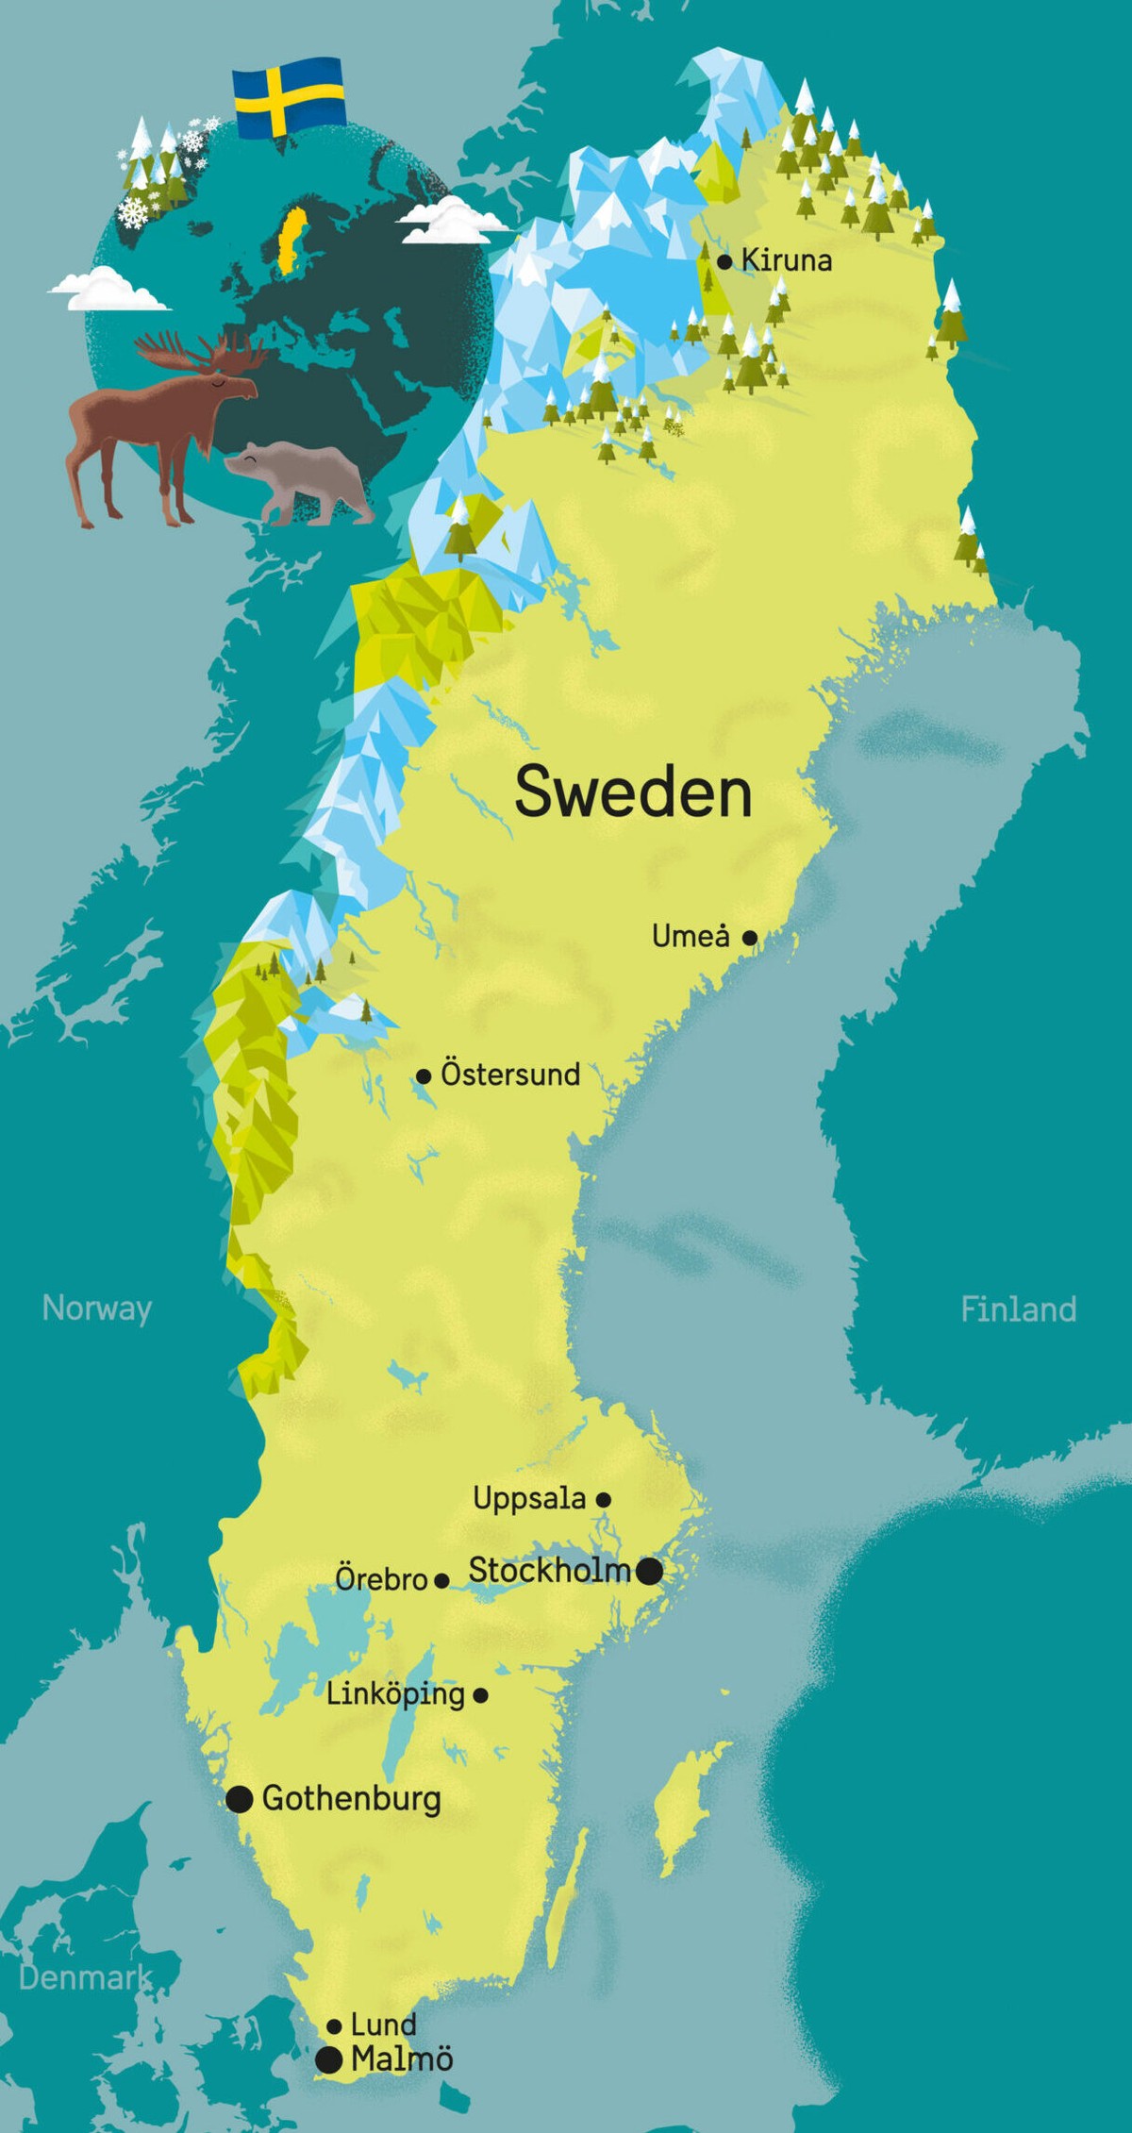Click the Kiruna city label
click(x=787, y=260)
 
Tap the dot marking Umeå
click(x=749, y=938)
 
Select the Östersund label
click(x=510, y=1074)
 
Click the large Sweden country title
click(x=633, y=792)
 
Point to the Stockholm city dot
click(x=649, y=1571)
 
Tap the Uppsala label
click(x=529, y=1498)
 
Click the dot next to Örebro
click(x=441, y=1581)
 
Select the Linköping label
click(x=395, y=1694)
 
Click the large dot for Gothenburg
click(x=240, y=1799)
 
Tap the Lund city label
click(x=383, y=2025)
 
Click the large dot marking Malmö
click(x=328, y=2060)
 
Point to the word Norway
click(x=96, y=1308)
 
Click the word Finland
click(x=1018, y=1309)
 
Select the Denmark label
click(x=85, y=1977)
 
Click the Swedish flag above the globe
click(x=289, y=97)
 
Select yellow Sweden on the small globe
click(x=293, y=240)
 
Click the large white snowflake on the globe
click(x=134, y=212)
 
